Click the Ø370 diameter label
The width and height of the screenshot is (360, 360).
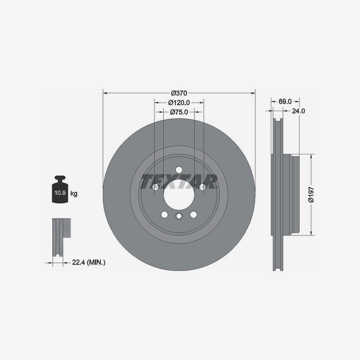(x=179, y=93)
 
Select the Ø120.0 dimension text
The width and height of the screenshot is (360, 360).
(x=179, y=103)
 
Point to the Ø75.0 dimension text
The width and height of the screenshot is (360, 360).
(x=179, y=112)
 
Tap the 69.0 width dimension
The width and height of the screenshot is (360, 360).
(x=285, y=101)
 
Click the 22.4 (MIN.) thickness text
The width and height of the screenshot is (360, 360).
(x=89, y=261)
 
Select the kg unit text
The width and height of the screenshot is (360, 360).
(x=74, y=194)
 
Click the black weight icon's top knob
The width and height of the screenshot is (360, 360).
(x=60, y=179)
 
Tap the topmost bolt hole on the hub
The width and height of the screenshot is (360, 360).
(x=179, y=170)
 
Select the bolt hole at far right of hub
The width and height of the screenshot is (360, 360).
(x=202, y=186)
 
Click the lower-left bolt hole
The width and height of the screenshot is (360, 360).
(x=164, y=214)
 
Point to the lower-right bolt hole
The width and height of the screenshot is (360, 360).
(x=193, y=214)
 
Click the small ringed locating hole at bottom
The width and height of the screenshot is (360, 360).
(x=179, y=217)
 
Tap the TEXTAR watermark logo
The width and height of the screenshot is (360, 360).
(x=179, y=182)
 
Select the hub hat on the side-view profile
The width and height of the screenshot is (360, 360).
(x=295, y=194)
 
